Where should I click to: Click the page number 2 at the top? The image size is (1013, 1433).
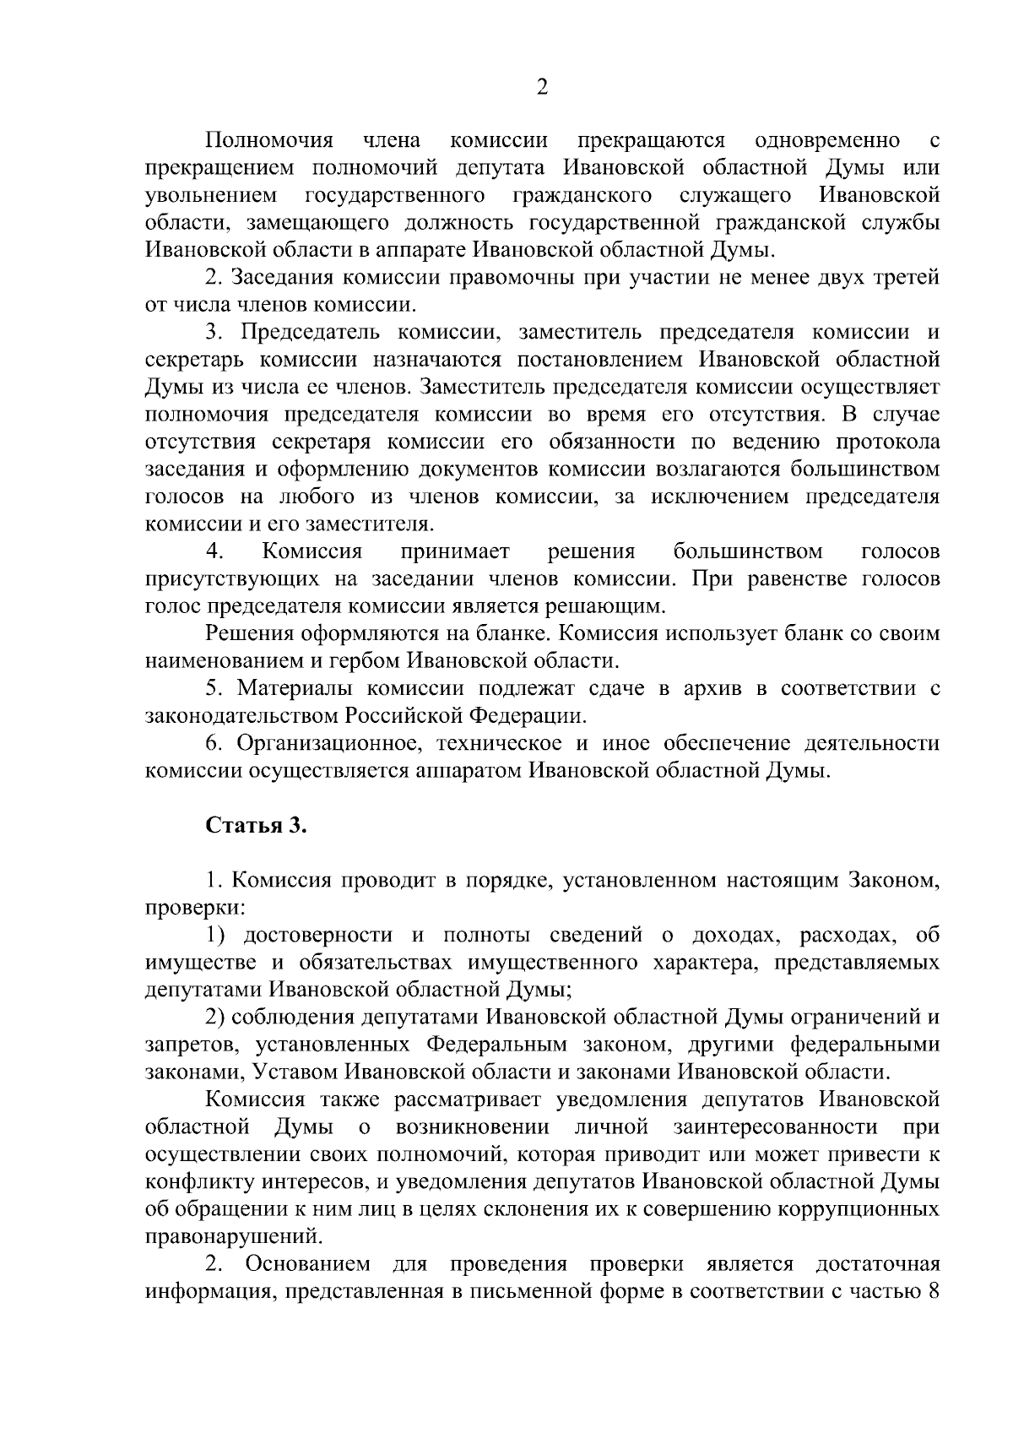tap(542, 88)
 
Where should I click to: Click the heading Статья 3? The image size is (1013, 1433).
tap(256, 825)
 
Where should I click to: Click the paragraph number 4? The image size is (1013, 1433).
tap(215, 552)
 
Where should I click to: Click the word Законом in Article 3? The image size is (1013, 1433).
tap(896, 881)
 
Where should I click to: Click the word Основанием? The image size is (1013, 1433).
tap(308, 1264)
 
